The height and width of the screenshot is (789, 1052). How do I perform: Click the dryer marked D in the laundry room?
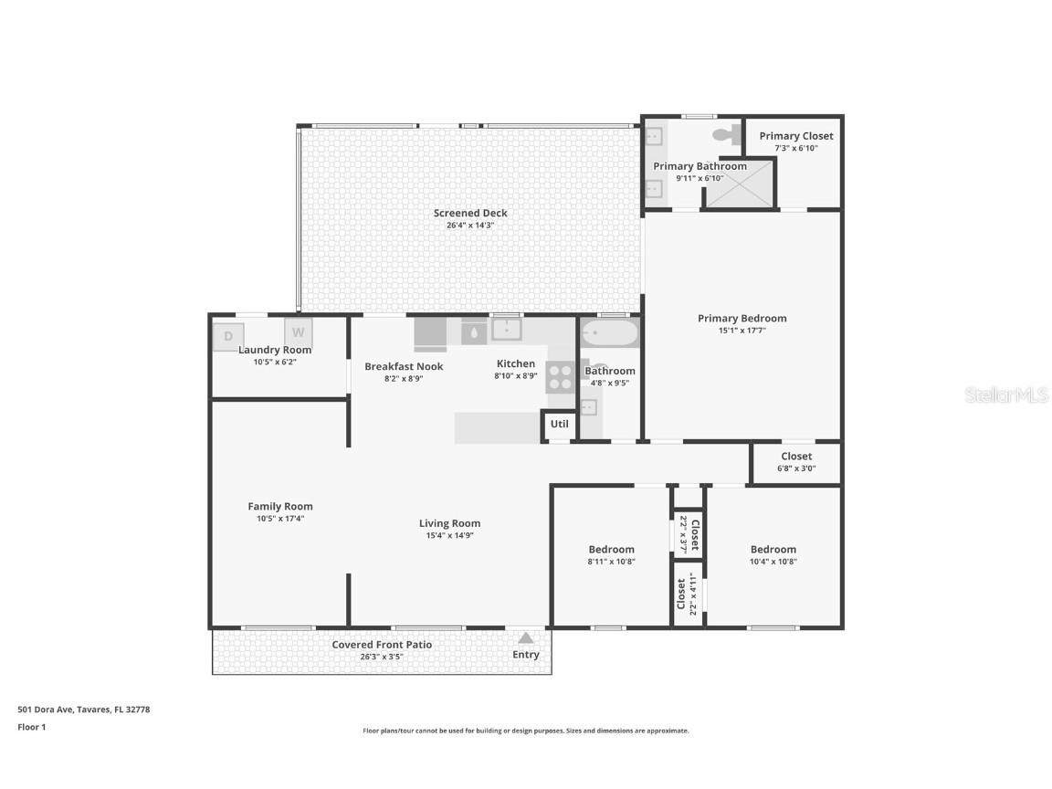click(228, 336)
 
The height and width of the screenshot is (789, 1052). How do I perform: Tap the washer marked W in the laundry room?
click(299, 331)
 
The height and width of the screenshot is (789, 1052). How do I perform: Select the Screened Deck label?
click(470, 214)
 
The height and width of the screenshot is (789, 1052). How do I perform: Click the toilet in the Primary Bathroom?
click(727, 135)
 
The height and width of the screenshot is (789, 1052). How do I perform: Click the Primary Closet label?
click(796, 136)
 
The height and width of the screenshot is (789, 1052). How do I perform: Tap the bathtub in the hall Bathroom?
click(609, 332)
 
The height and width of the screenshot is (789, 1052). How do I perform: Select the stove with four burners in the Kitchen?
click(560, 377)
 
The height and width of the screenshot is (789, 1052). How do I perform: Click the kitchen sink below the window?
click(506, 329)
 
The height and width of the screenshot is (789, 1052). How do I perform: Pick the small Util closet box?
click(559, 424)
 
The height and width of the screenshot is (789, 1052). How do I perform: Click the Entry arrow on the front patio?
click(526, 638)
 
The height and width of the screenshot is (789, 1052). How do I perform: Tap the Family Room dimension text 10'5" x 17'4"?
click(280, 519)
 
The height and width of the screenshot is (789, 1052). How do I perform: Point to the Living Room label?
click(449, 523)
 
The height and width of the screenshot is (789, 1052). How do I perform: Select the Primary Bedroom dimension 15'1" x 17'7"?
click(742, 331)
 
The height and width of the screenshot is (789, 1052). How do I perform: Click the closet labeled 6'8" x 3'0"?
click(796, 462)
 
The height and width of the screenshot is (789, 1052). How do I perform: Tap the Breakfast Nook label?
click(404, 366)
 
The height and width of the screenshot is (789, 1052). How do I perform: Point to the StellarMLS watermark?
click(1007, 395)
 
